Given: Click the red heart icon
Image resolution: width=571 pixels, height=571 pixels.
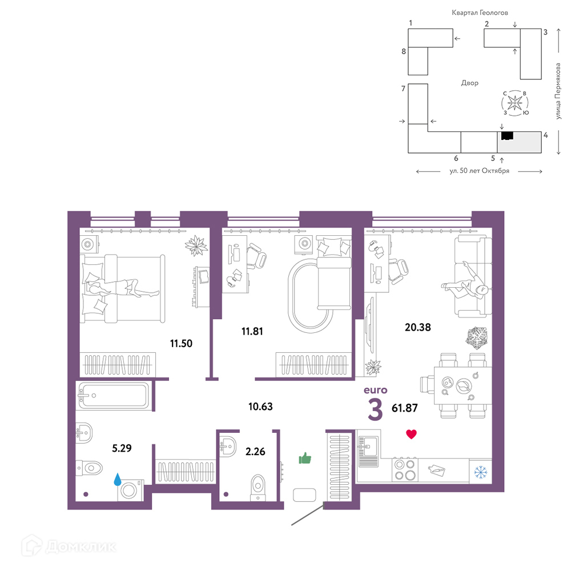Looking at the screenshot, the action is [411, 434].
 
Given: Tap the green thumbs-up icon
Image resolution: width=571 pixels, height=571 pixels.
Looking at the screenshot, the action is [305, 458].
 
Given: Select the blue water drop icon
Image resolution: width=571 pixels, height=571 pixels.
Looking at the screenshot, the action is [117, 479].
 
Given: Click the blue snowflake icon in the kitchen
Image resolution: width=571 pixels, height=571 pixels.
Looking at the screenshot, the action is [481, 473].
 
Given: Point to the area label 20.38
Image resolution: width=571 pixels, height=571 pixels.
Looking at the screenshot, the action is [418, 327].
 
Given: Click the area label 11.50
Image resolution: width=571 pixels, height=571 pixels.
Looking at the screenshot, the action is [181, 343].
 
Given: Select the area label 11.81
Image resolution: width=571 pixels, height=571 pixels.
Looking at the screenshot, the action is [252, 331].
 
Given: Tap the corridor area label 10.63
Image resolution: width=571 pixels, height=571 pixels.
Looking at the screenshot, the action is [260, 407].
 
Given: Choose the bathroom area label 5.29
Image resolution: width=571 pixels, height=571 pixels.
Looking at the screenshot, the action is [122, 448].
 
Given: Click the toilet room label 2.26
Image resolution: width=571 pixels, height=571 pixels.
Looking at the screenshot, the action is [255, 452].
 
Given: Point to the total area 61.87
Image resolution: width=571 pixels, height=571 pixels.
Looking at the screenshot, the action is [405, 408].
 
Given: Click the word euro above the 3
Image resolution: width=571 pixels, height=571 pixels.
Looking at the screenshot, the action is [376, 390].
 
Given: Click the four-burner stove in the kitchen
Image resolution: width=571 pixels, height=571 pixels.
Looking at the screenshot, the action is [405, 470].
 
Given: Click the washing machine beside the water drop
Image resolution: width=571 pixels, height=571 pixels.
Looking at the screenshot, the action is [130, 490].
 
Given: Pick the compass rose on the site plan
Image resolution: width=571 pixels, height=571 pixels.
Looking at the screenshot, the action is [515, 103].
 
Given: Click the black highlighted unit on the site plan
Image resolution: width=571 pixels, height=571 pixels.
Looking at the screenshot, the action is [507, 136].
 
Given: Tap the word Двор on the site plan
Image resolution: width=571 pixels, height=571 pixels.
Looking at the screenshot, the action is [470, 83].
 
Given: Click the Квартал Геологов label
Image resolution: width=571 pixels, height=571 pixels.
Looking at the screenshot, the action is [480, 13].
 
